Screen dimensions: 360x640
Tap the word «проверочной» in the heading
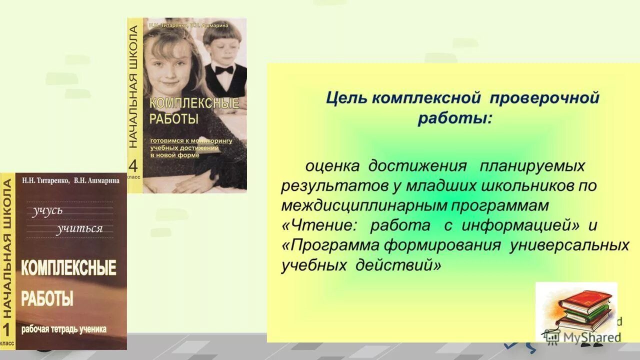pyautogui.click(x=544, y=98)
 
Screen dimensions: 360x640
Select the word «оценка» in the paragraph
pyautogui.click(x=332, y=165)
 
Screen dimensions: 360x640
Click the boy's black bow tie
pyautogui.click(x=224, y=70)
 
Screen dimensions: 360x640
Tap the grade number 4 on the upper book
pyautogui.click(x=133, y=165)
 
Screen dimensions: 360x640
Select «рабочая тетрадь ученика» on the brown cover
pyautogui.click(x=63, y=329)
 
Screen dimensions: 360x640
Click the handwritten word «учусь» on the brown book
pyautogui.click(x=48, y=210)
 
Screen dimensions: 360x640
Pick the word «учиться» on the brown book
pyautogui.click(x=79, y=229)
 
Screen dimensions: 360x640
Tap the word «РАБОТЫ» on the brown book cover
pyautogui.click(x=47, y=299)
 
